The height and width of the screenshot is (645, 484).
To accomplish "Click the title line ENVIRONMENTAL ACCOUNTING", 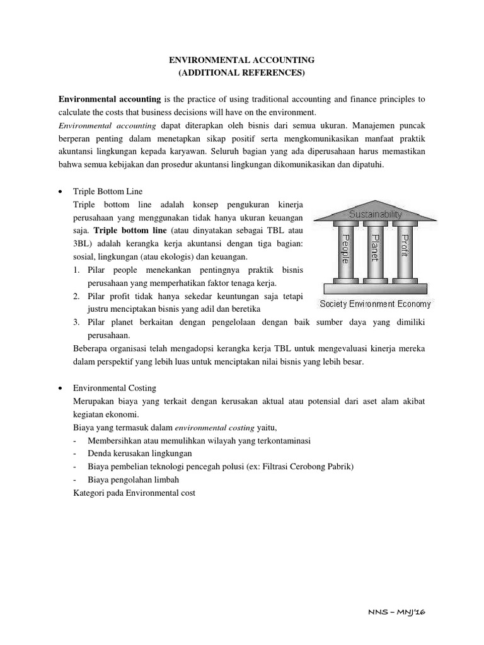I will [242, 60].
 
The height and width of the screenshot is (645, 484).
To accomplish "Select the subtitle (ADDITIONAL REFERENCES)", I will [242, 73].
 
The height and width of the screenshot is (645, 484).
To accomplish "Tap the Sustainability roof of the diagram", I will [376, 214].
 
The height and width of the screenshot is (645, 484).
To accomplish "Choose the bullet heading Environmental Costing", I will [115, 388].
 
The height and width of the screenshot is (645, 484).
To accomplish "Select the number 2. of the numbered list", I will [76, 297].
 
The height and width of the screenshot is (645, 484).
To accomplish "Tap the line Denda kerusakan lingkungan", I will [140, 454].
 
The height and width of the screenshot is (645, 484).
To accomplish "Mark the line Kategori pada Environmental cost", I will [134, 493].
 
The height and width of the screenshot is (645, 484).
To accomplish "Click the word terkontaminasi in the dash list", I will [279, 440].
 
